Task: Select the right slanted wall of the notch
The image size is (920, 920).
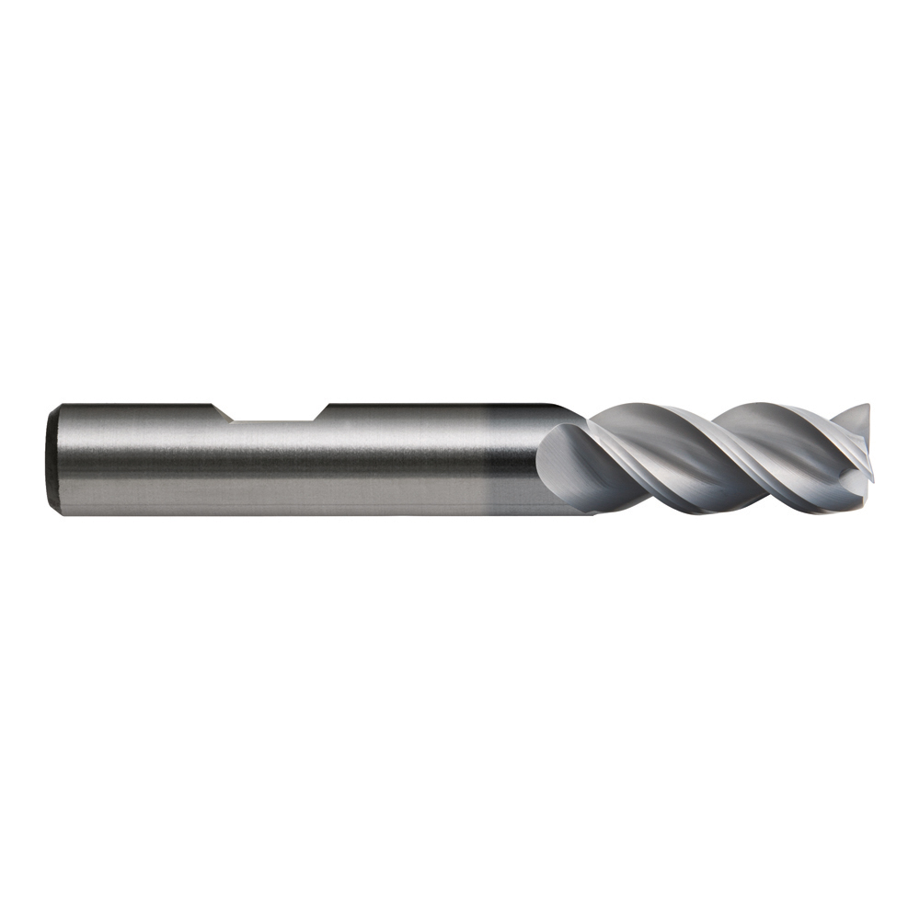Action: (x=320, y=412)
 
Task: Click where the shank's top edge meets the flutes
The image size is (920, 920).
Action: (x=575, y=410)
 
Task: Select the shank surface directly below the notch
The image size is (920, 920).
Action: (x=271, y=469)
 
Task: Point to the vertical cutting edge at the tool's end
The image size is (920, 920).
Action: (x=868, y=451)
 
